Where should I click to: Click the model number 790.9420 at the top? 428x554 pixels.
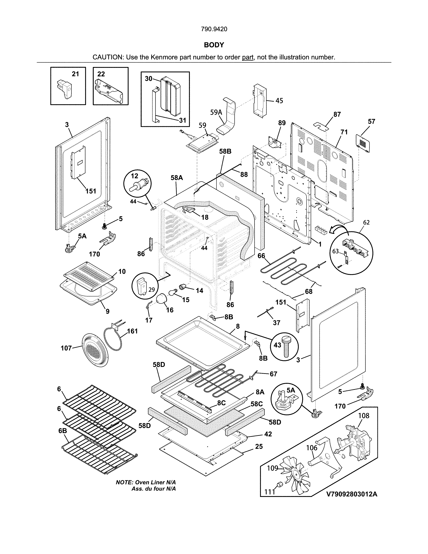(214, 29)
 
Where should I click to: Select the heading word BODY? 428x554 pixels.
(214, 45)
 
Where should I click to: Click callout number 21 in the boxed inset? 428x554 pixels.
(75, 74)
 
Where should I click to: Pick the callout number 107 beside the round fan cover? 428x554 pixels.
(66, 348)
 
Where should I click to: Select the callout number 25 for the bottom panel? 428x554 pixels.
(259, 446)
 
